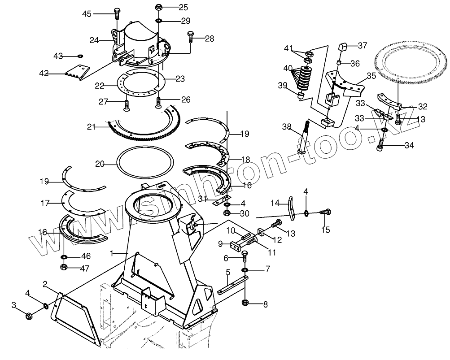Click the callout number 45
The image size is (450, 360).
click(x=87, y=14)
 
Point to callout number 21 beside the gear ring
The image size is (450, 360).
click(x=92, y=127)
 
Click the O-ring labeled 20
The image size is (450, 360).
click(x=145, y=165)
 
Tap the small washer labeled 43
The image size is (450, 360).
click(x=80, y=56)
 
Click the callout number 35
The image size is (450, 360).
click(x=371, y=76)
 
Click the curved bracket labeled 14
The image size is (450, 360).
click(x=291, y=208)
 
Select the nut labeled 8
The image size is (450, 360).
click(x=245, y=304)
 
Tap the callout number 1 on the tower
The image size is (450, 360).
click(x=112, y=253)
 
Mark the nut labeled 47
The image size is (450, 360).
click(x=64, y=267)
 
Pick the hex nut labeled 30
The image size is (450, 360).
click(x=227, y=213)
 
